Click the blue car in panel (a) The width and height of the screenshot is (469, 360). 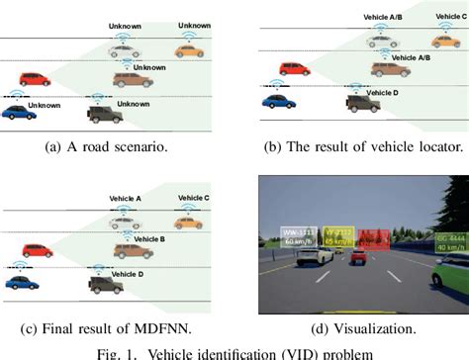(x=18, y=113)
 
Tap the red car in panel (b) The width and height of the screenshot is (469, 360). (x=294, y=68)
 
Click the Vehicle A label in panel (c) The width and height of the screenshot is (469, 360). (x=125, y=198)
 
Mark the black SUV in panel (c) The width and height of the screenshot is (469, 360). (x=105, y=285)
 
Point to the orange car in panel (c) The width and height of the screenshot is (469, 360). (x=188, y=224)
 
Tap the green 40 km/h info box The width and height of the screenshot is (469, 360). (x=450, y=241)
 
